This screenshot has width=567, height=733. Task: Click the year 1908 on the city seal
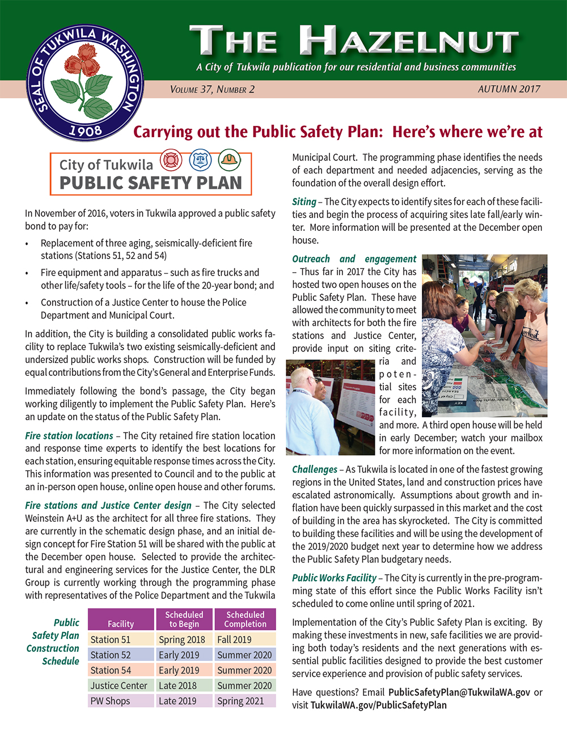tap(85, 130)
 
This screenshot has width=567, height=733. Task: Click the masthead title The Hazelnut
tap(354, 41)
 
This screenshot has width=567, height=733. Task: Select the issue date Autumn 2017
tap(509, 89)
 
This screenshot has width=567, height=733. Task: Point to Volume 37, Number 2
tap(212, 90)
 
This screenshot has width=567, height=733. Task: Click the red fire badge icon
tap(171, 160)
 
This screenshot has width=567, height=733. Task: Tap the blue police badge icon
tap(200, 160)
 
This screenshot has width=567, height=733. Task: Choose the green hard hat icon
tap(229, 160)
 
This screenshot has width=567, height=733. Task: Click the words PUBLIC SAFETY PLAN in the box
tap(151, 183)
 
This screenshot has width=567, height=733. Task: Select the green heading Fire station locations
tap(69, 436)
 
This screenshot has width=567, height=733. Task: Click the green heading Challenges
tap(315, 469)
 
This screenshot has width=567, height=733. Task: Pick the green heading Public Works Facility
tap(334, 578)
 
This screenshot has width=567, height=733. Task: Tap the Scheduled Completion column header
tap(245, 619)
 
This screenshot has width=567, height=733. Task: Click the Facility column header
tap(121, 624)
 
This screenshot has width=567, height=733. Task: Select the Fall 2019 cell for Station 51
tap(234, 639)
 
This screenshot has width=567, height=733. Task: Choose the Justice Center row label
tap(119, 685)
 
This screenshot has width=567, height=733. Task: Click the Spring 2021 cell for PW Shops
tap(240, 701)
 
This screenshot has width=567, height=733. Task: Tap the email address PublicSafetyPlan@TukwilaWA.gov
tap(459, 692)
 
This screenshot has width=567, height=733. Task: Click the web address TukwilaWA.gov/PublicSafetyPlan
tap(379, 705)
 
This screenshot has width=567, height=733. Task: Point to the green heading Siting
tap(304, 202)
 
